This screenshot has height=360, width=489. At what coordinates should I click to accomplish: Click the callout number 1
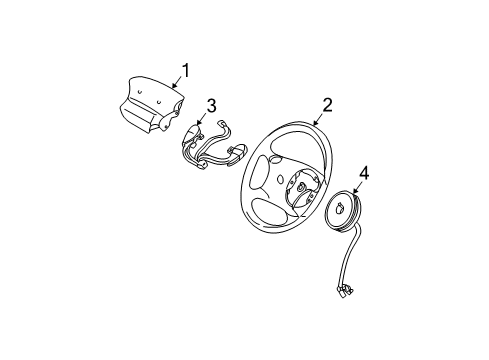[x=184, y=71]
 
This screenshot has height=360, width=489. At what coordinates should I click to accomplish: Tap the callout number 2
[x=326, y=104]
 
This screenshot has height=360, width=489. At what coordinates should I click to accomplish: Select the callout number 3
[x=212, y=105]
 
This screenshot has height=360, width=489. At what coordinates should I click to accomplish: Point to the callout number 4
[x=364, y=174]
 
